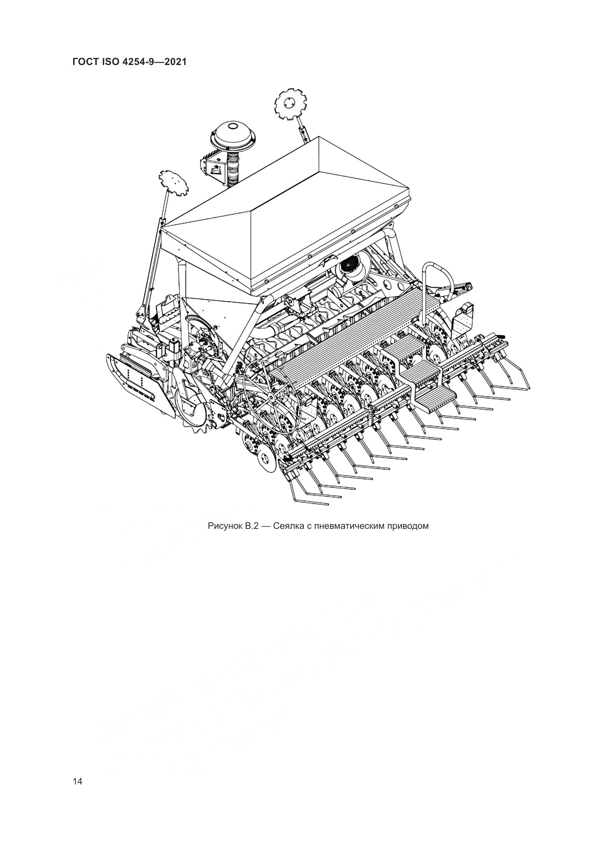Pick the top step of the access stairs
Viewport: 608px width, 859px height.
[406, 347]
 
